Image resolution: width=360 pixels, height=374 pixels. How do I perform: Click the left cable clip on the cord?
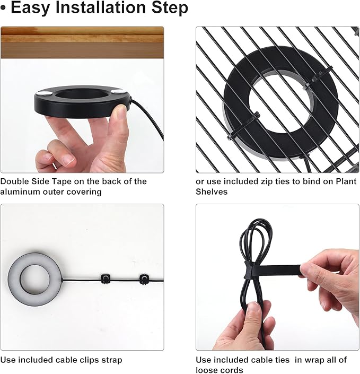[105, 279]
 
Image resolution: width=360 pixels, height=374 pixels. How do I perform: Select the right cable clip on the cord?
[144, 279]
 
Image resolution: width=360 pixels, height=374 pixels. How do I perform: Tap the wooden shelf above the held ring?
[82, 42]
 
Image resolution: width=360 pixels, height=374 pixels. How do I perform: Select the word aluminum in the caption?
[20, 192]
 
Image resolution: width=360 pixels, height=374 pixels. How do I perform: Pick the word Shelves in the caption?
[212, 192]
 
